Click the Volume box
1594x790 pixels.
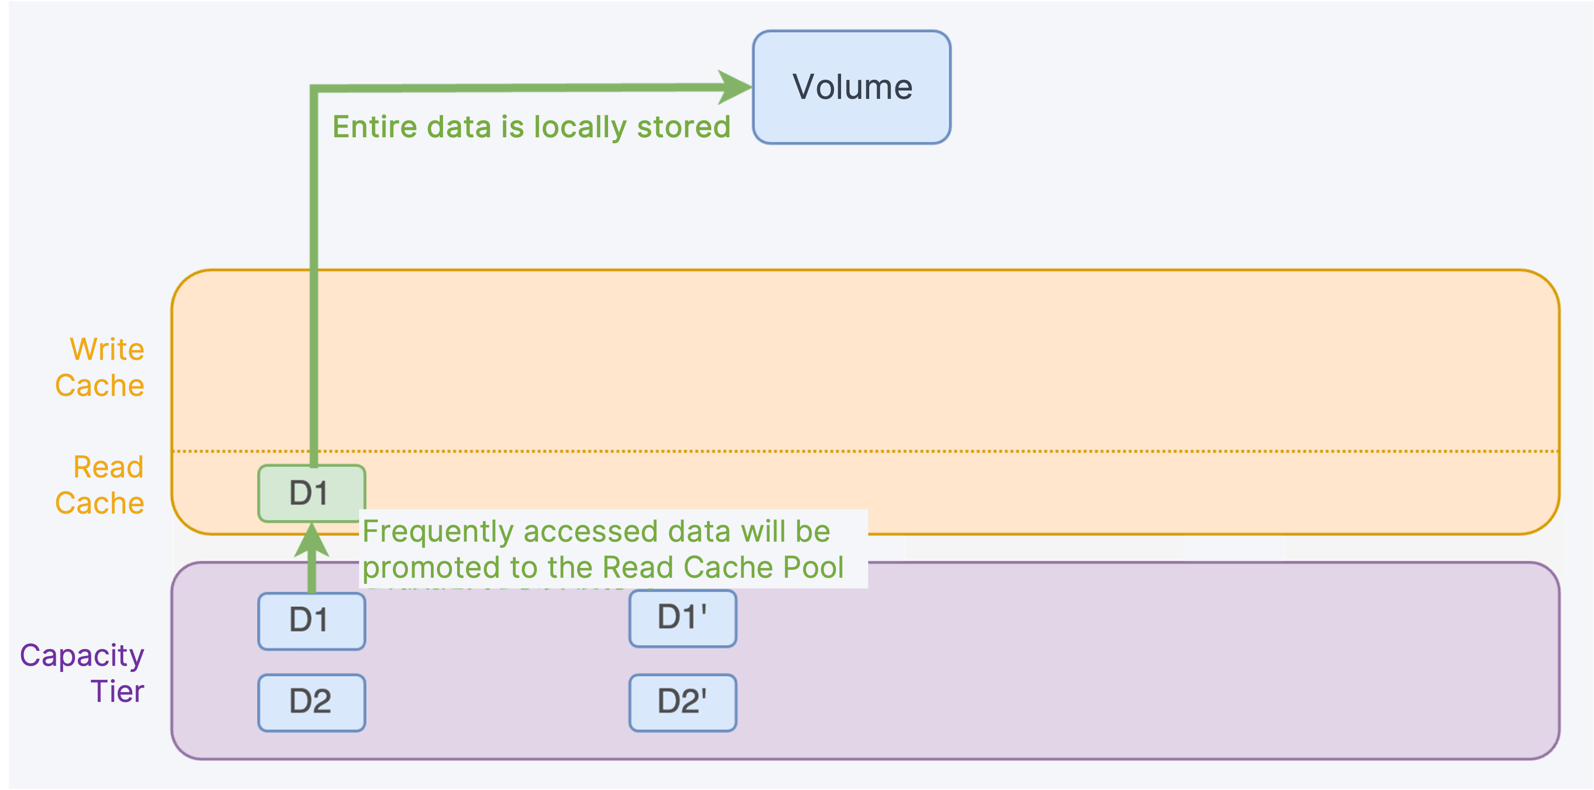coord(851,87)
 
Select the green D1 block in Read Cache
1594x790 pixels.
coord(312,493)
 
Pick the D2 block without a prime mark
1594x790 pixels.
coord(312,703)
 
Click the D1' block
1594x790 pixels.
coord(683,619)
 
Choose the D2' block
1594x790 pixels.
coord(683,703)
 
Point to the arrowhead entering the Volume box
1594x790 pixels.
coord(735,87)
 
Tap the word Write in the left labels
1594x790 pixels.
coord(107,350)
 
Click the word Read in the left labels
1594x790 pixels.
coord(108,467)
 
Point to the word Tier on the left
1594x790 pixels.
coord(118,691)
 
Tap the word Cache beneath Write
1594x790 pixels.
coord(99,386)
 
